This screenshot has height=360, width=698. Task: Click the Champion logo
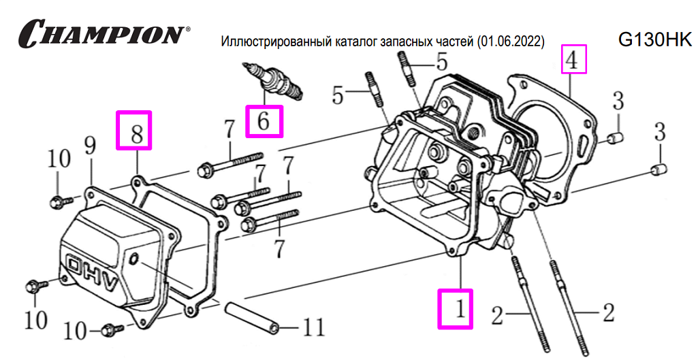coord(102,33)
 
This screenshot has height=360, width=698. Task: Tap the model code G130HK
coord(654,40)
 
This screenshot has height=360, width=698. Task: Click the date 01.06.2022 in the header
coord(511,42)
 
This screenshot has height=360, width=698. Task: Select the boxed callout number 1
coord(456,309)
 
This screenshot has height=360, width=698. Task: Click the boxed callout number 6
coord(264,120)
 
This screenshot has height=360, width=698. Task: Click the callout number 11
coord(313,329)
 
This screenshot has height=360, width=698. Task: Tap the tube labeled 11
coord(253,317)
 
